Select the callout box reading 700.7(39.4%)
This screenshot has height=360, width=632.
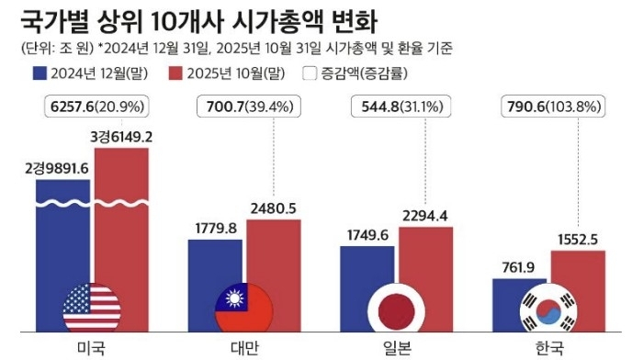pos(246,107)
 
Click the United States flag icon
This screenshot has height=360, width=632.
pos(92,308)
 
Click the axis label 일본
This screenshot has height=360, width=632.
pos(397,347)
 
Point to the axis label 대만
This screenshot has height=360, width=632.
pos(244,347)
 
